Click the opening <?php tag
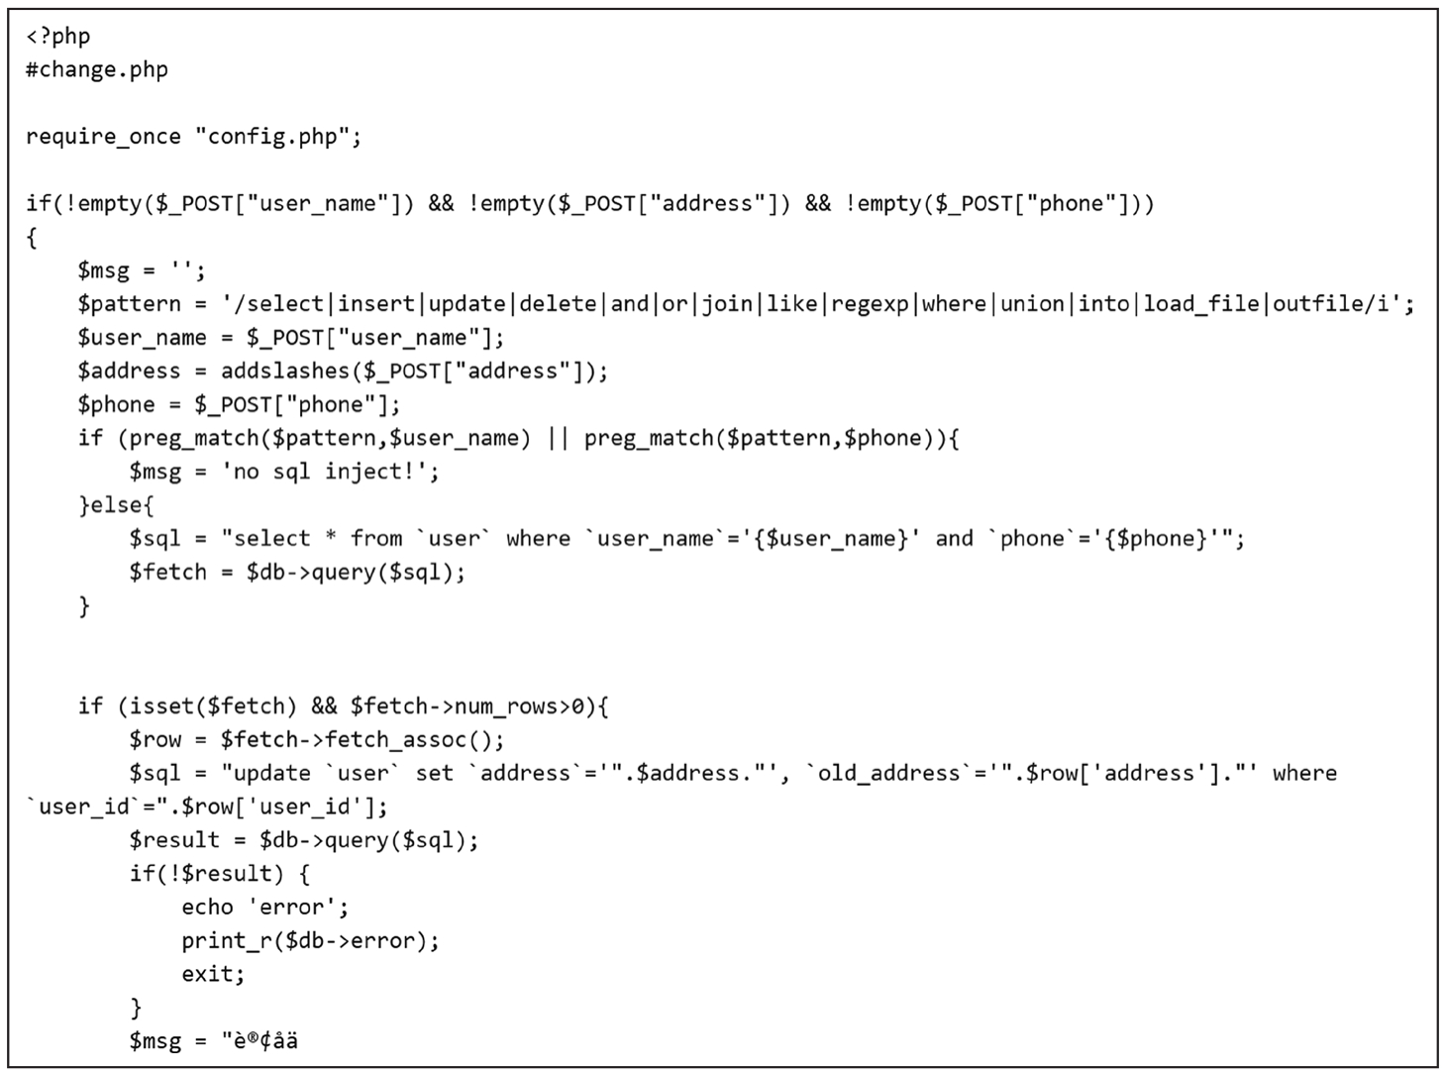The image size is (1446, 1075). point(58,37)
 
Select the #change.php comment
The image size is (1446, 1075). point(97,69)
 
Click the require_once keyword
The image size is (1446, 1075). point(103,137)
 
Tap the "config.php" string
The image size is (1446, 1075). point(271,137)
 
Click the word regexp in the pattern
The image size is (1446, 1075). point(870,304)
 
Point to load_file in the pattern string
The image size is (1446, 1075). point(1200,304)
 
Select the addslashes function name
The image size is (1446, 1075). point(285,372)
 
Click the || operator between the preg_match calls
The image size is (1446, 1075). point(558,438)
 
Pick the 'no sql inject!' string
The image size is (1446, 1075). point(331,472)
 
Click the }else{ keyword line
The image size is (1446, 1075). point(116,505)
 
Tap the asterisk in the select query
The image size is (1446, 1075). point(331,537)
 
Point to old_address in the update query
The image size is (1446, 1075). point(889,774)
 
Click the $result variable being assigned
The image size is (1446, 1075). point(174,841)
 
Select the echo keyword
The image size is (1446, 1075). point(207,908)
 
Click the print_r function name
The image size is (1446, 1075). point(226,941)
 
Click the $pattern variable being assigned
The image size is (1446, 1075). point(129,304)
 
